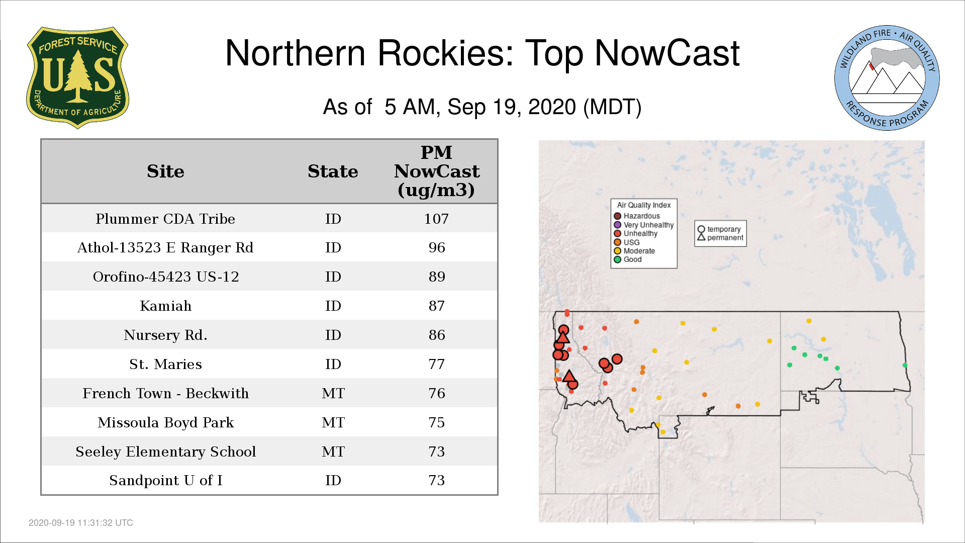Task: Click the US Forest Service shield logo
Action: [x=77, y=78]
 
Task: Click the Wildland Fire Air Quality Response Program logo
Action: [x=887, y=78]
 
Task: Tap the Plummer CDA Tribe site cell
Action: [x=165, y=219]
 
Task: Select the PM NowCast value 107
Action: [x=436, y=219]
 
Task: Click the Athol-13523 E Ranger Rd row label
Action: [x=165, y=247]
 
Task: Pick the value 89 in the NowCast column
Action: [x=437, y=277]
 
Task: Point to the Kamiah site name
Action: [x=165, y=306]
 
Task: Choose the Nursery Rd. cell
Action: [x=165, y=335]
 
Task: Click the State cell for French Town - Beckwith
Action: [x=333, y=393]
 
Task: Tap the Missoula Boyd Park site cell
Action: [x=165, y=422]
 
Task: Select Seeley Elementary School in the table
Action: [x=165, y=451]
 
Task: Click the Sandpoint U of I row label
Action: [x=165, y=480]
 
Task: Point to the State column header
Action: [x=333, y=171]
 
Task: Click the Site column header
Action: [x=165, y=171]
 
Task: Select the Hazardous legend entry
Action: [x=637, y=216]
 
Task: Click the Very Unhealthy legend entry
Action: [x=644, y=225]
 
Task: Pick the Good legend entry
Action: [x=628, y=259]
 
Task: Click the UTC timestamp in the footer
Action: [x=81, y=523]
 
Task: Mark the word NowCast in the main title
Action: [x=667, y=53]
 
